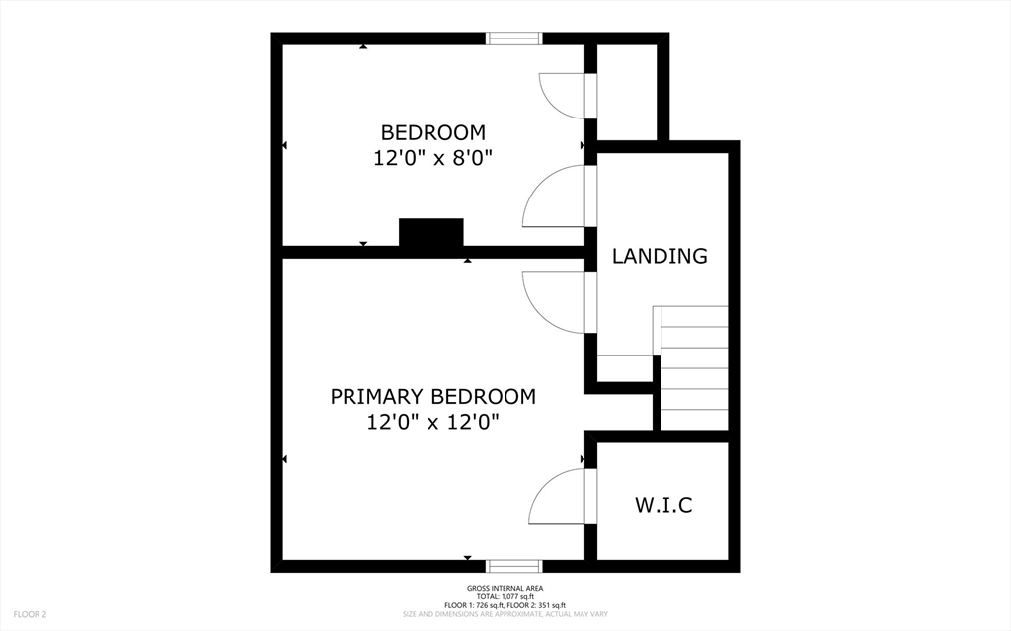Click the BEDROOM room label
coord(432,132)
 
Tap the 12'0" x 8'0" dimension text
coord(432,157)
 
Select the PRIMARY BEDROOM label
coord(432,397)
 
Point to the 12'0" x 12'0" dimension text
coord(432,422)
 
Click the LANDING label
coord(660,256)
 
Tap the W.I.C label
coord(662,506)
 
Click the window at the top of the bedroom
coord(514,39)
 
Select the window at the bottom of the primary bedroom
coord(514,566)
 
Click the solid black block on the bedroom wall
coord(430,233)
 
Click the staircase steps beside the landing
coord(694,367)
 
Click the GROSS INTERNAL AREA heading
coord(505,590)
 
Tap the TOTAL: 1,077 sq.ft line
coord(505,597)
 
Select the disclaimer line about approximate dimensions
coord(505,614)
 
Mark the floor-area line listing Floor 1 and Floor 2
coord(505,605)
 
